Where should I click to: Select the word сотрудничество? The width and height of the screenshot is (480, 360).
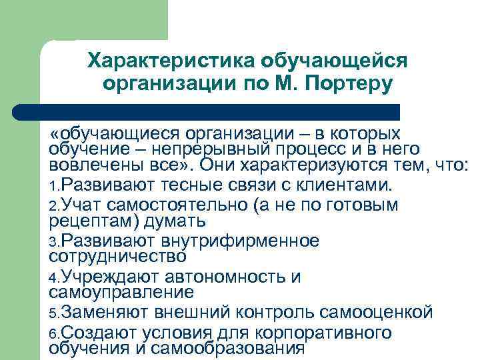pos(118,256)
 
